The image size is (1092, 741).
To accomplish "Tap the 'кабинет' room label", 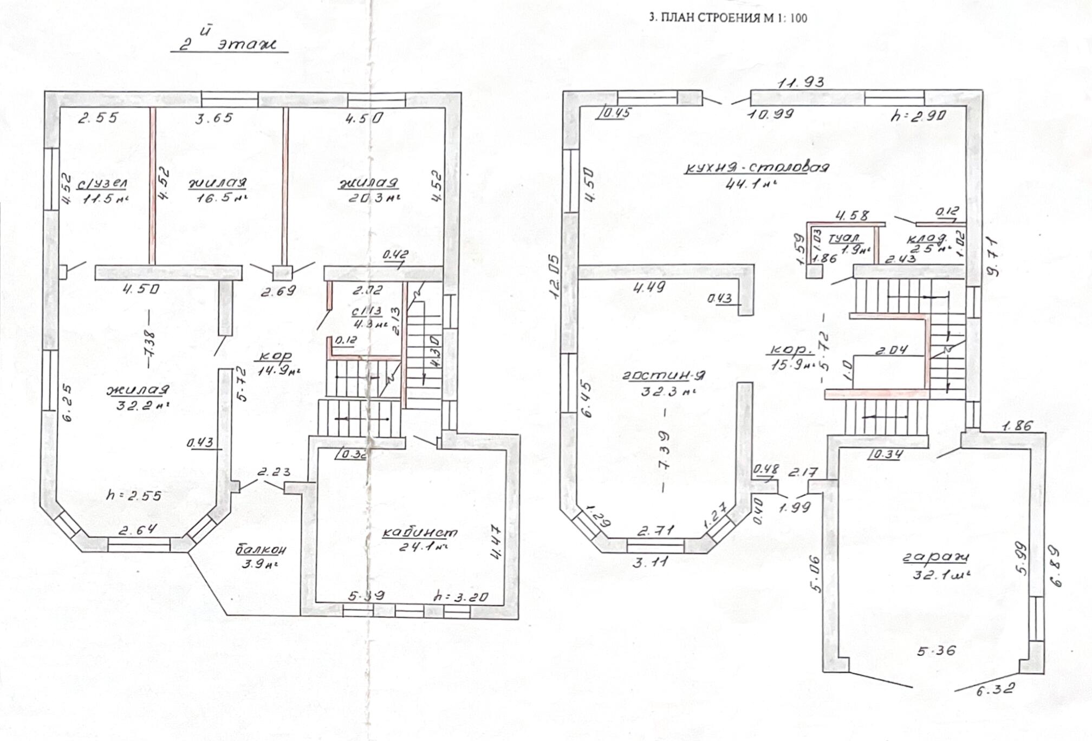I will pos(420,533).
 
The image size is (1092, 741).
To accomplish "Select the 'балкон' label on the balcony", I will pos(261,550).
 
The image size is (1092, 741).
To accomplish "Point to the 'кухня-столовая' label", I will pos(756,168).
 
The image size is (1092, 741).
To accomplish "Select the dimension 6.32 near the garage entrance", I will pos(994,691).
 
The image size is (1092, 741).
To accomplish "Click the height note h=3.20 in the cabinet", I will pos(461,597).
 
